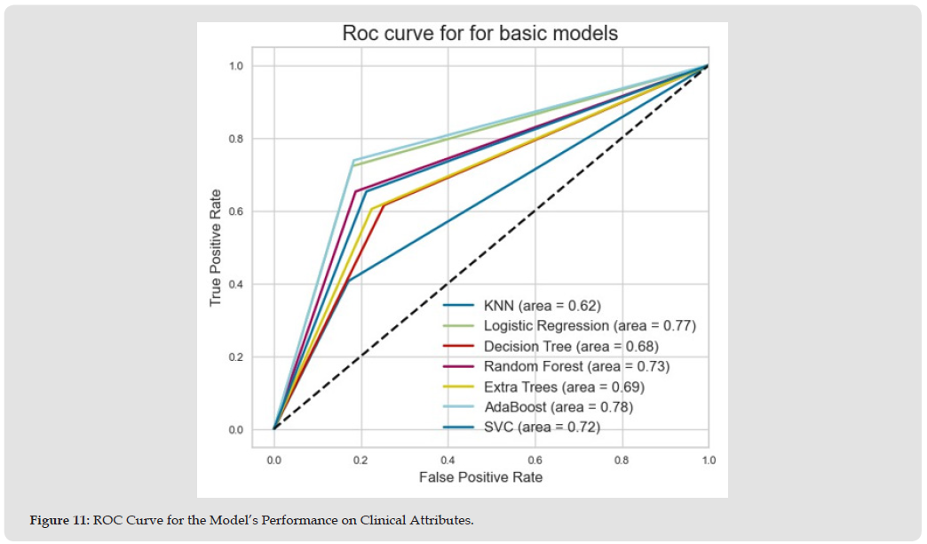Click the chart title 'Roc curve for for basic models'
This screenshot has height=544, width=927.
(x=480, y=34)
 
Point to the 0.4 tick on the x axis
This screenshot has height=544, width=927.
(x=448, y=461)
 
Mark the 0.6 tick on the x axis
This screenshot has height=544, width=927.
(x=534, y=461)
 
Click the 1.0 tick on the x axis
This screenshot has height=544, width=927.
(x=708, y=461)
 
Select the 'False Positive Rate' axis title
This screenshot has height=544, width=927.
(x=480, y=478)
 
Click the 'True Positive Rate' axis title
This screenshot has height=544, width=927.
(x=216, y=248)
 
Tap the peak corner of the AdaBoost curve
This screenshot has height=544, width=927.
(x=353, y=160)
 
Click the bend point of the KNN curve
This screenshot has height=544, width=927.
(x=349, y=281)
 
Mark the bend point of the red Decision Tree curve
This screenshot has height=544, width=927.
(x=383, y=205)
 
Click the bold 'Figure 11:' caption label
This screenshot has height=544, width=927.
(x=59, y=520)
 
